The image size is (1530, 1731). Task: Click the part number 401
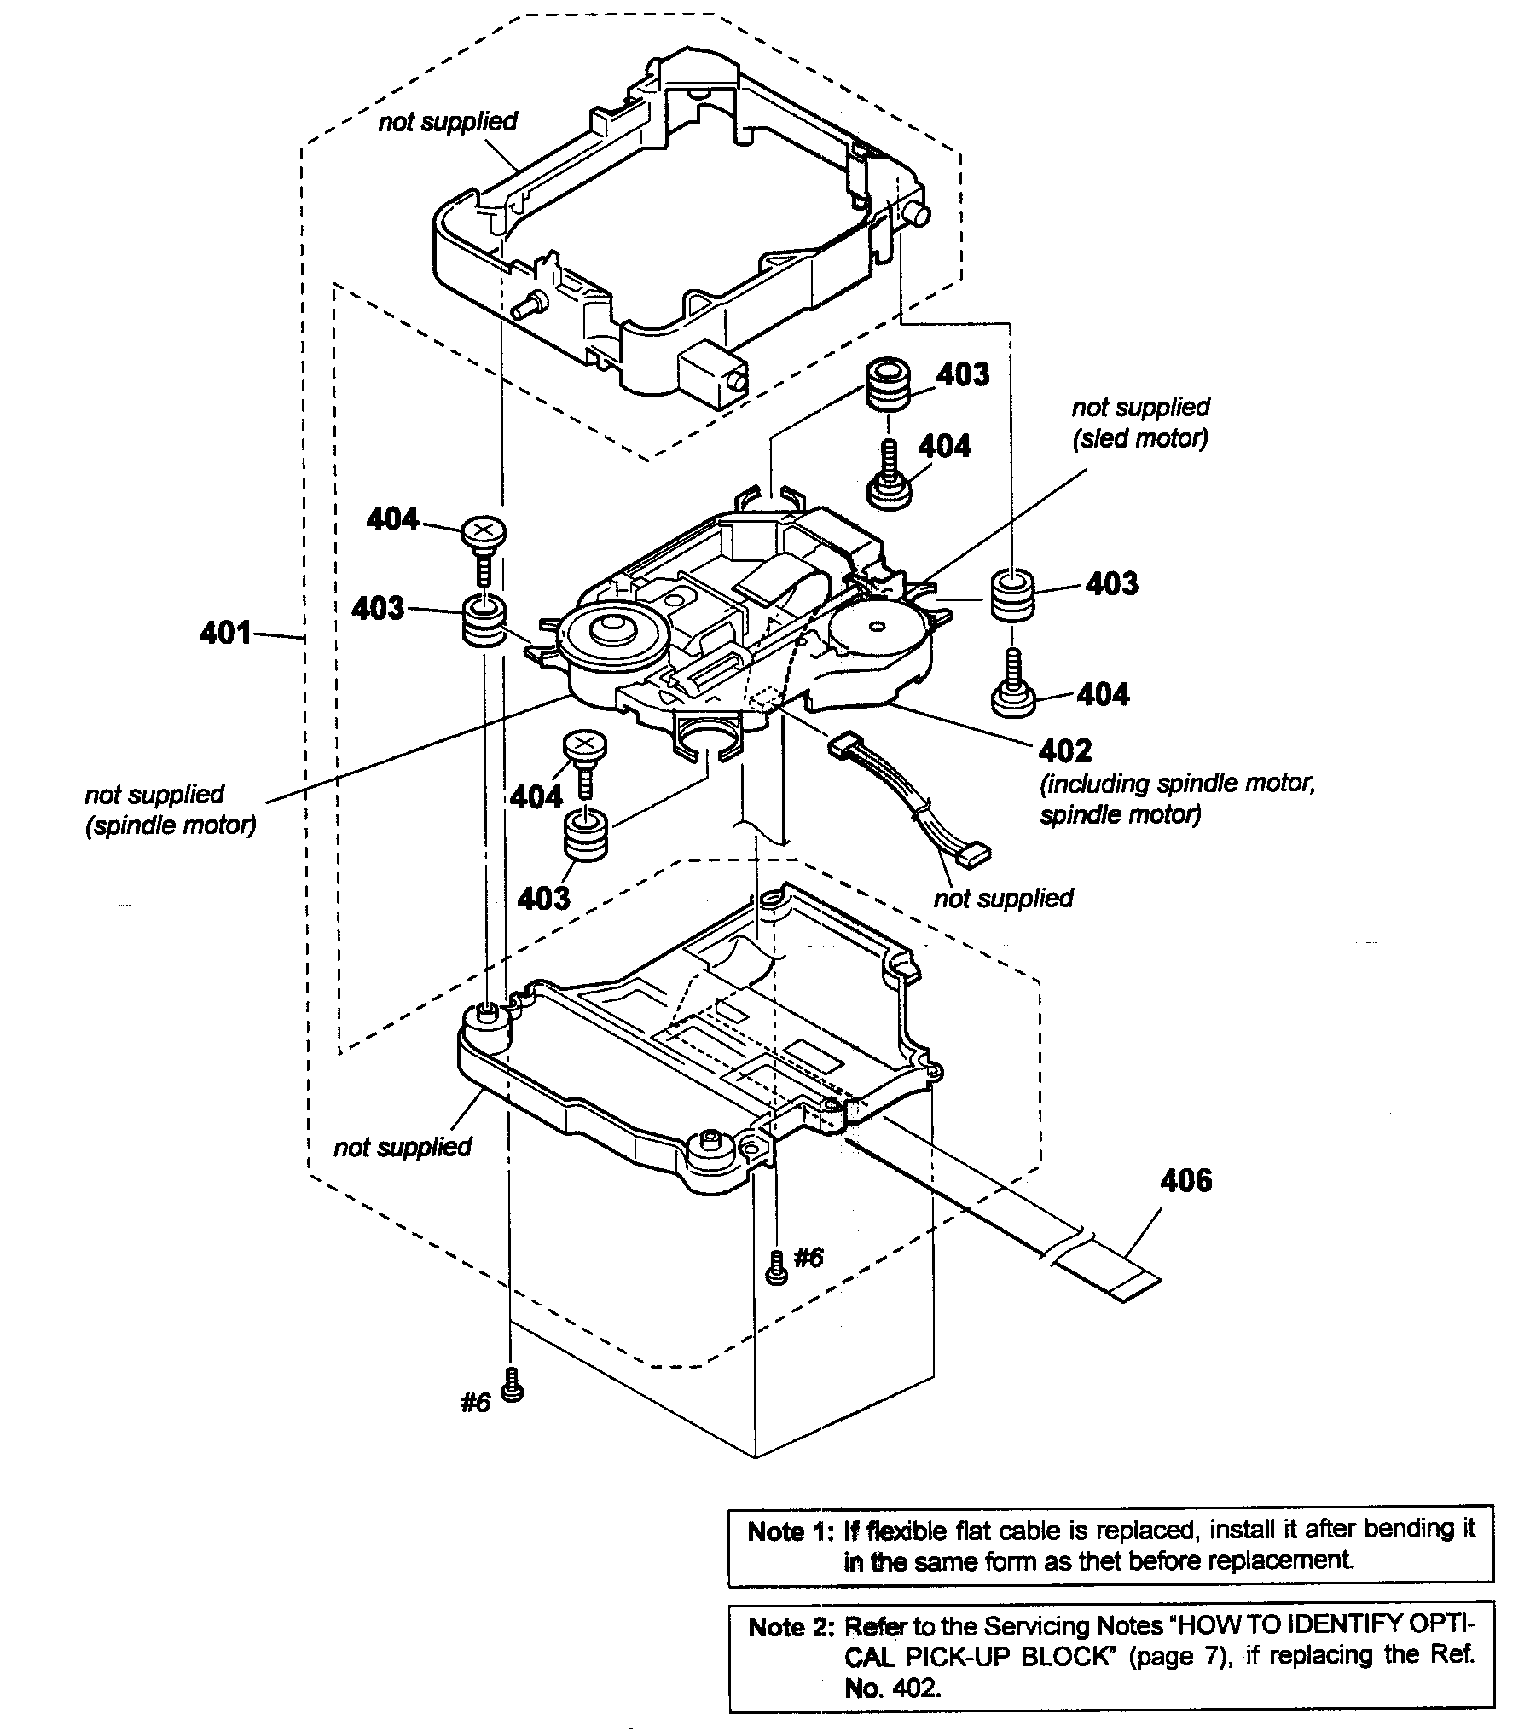tap(225, 633)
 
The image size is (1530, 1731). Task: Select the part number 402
tap(1065, 750)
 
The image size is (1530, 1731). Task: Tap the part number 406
tap(1185, 1180)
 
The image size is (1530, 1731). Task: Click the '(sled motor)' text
tap(1140, 438)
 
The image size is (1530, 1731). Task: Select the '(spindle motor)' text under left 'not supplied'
tap(171, 825)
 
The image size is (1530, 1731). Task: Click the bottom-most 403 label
tap(543, 898)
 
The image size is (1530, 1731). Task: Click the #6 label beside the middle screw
tap(808, 1257)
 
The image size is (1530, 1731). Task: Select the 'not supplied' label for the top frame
tap(448, 122)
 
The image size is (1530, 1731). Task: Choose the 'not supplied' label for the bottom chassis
tap(403, 1147)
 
